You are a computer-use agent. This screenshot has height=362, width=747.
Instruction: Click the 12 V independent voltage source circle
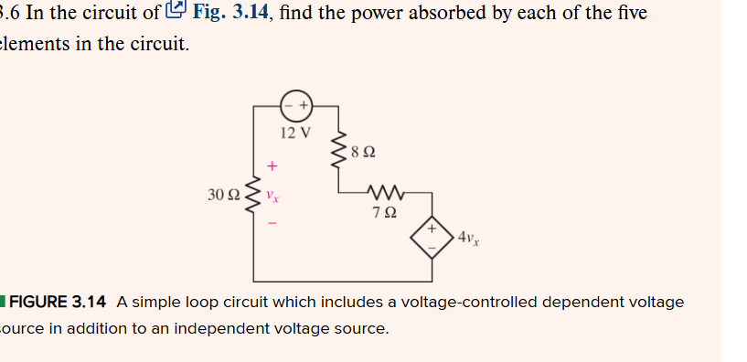[x=296, y=105]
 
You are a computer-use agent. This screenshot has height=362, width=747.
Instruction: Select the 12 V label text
[x=295, y=133]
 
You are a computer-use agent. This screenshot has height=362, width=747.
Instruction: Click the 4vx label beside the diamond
[x=467, y=237]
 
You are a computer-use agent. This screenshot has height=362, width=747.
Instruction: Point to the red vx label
[x=272, y=196]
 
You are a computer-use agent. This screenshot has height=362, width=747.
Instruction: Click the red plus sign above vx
[x=272, y=166]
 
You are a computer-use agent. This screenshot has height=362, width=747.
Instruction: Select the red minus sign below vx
[x=272, y=223]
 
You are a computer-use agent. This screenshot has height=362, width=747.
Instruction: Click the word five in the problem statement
[x=631, y=13]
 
